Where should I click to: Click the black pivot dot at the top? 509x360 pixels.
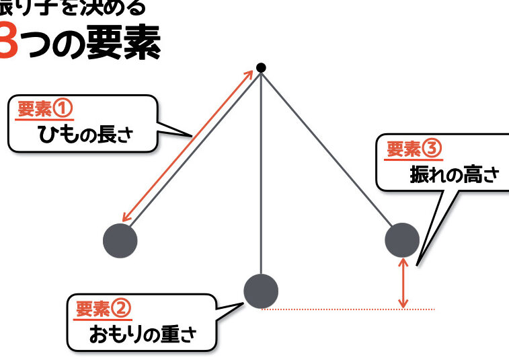coord(261,67)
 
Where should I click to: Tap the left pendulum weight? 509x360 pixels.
coord(120,240)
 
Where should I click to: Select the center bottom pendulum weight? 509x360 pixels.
coord(260,291)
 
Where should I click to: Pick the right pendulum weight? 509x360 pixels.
coord(402,240)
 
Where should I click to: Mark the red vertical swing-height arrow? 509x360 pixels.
coord(403,283)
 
